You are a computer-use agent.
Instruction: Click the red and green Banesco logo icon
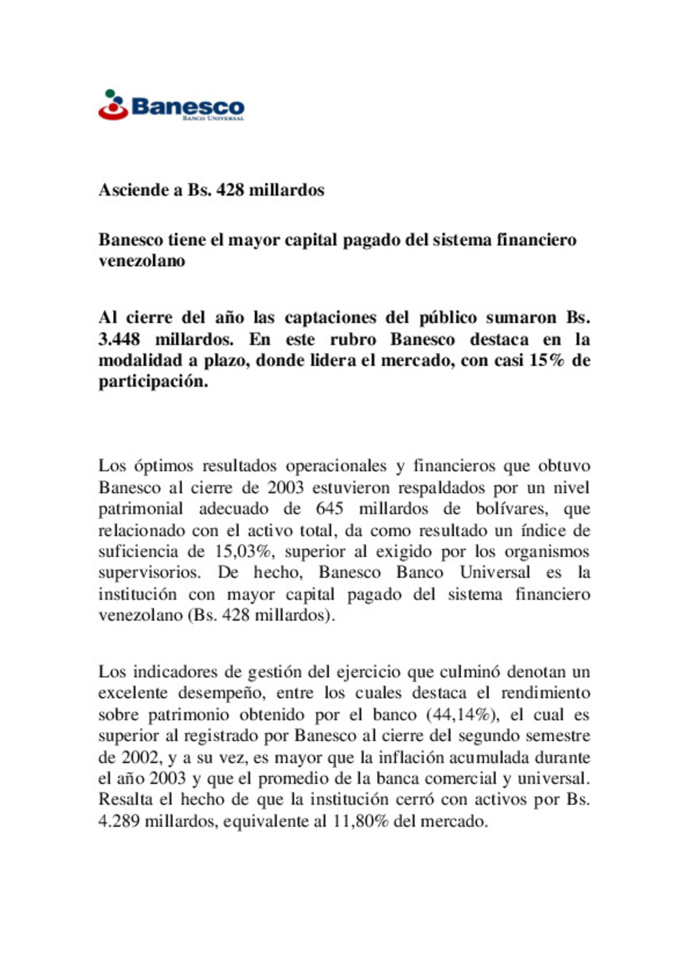click(113, 105)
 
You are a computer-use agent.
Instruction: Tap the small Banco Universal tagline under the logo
click(213, 119)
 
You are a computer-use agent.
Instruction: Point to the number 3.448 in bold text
click(119, 339)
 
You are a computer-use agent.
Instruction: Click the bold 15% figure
click(547, 361)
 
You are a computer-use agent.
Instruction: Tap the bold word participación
click(153, 382)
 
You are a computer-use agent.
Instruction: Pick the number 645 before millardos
click(329, 509)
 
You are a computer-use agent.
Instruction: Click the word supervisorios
click(149, 573)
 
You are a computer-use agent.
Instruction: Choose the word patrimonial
click(140, 509)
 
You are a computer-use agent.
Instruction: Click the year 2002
click(140, 757)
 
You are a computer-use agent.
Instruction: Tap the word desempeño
click(218, 694)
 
